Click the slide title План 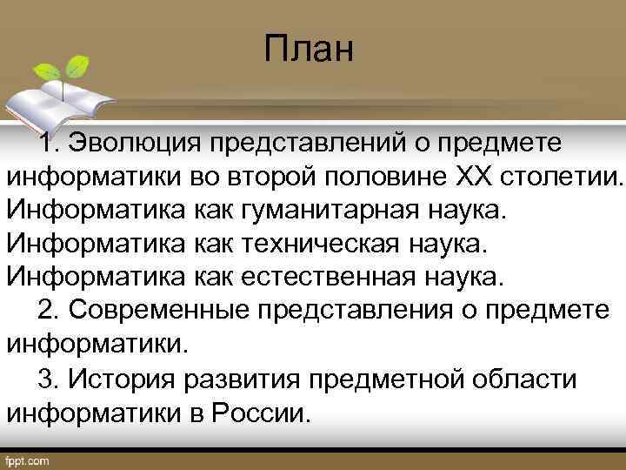point(310,49)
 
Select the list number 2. point(49,311)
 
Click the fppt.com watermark point(28,459)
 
